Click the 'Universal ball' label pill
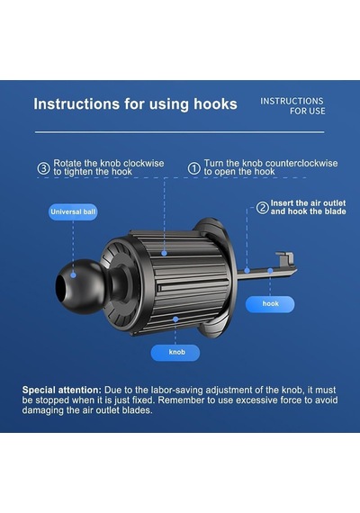[x=73, y=211]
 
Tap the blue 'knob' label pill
[x=175, y=353]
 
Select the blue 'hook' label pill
[x=270, y=304]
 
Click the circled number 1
[x=194, y=168]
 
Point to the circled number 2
[x=262, y=208]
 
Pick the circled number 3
[x=43, y=168]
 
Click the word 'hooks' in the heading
[x=215, y=104]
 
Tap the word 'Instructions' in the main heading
[x=76, y=104]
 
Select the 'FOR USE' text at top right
[x=307, y=112]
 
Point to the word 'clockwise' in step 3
[x=144, y=163]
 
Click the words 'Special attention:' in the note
[x=62, y=390]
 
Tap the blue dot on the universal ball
[x=73, y=275]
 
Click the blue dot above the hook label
[x=270, y=271]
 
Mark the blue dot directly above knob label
[x=175, y=319]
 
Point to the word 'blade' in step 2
[x=335, y=211]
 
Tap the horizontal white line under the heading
[x=180, y=132]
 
